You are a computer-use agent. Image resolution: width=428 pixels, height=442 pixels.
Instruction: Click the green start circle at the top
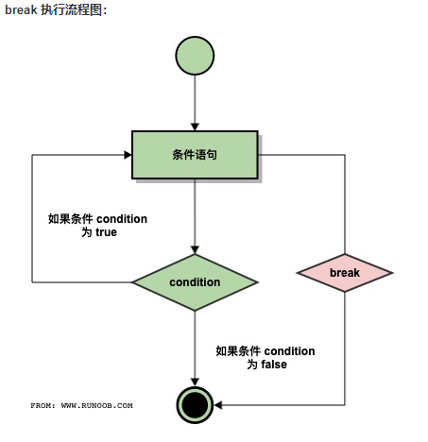[195, 56]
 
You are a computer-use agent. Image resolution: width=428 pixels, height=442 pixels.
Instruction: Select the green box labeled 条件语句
[195, 155]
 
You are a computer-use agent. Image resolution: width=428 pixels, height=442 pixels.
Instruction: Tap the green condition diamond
[195, 282]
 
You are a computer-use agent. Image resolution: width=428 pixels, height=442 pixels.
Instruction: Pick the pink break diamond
[345, 273]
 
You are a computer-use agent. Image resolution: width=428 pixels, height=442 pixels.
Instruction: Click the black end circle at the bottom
[195, 405]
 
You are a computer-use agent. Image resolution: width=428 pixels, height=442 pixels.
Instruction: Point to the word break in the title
[21, 9]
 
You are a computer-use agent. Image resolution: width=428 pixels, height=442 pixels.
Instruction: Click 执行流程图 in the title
[72, 10]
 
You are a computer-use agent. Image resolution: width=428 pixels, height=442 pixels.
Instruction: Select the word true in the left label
[106, 232]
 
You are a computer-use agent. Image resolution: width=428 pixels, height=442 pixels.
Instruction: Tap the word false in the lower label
[274, 365]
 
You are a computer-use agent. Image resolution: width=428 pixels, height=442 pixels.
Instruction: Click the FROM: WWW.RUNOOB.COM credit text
[81, 405]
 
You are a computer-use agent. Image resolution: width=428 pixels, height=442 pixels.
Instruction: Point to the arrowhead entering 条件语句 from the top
[195, 127]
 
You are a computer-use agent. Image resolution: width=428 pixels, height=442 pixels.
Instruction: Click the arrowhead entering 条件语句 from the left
[128, 155]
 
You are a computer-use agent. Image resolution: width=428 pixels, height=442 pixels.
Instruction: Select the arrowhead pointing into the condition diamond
[195, 249]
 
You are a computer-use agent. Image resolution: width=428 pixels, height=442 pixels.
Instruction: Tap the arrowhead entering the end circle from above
[195, 382]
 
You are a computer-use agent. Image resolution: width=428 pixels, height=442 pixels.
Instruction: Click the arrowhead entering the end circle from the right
[218, 405]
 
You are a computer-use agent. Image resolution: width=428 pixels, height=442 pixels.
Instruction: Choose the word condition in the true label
[122, 219]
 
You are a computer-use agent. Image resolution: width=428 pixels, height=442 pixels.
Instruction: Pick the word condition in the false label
[289, 351]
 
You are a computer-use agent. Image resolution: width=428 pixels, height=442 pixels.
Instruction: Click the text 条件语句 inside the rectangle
[195, 155]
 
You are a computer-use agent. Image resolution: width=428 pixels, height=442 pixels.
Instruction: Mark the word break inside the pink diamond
[345, 273]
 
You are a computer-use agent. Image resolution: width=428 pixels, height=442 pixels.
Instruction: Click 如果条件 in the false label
[238, 351]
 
